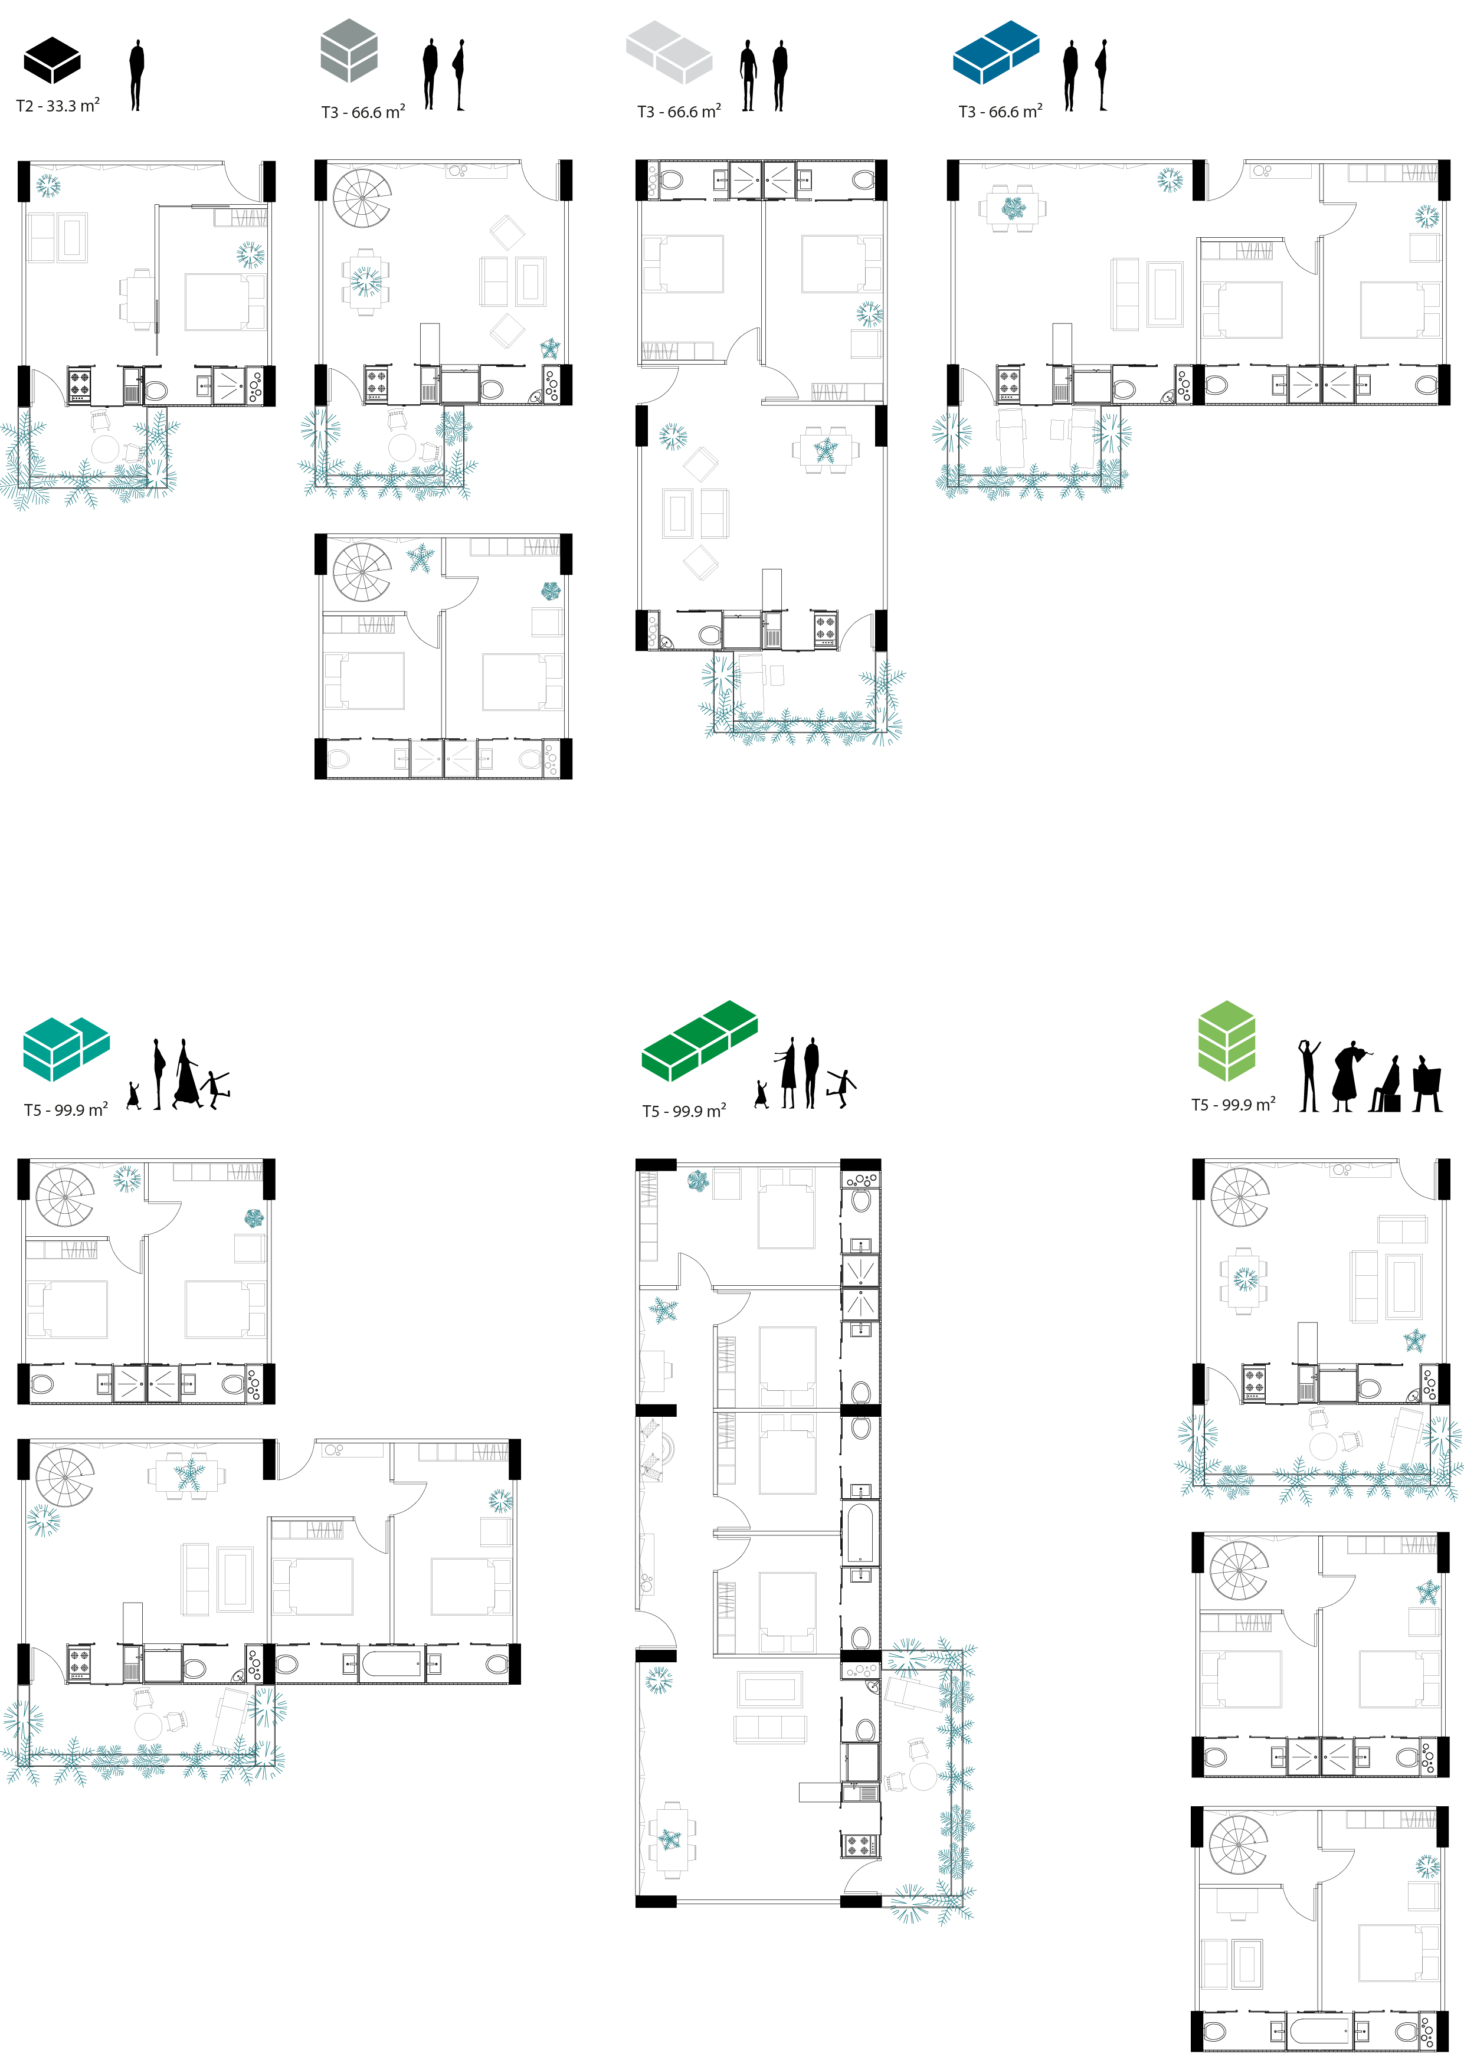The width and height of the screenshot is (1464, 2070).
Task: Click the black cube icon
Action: click(53, 60)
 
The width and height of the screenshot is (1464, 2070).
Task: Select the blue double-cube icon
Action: click(995, 53)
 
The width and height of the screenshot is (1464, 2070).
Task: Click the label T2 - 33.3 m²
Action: click(58, 106)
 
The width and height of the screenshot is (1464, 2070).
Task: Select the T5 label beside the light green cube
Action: click(1232, 1105)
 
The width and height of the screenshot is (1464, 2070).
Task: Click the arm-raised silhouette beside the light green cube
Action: click(1309, 1076)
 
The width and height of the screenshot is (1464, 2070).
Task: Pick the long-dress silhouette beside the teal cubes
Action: click(186, 1074)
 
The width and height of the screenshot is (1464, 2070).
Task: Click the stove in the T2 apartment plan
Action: click(79, 385)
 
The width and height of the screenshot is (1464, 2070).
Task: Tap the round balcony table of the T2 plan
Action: click(106, 449)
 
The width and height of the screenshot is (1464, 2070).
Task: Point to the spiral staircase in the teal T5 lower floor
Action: click(64, 1476)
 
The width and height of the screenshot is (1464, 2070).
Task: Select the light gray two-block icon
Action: click(669, 53)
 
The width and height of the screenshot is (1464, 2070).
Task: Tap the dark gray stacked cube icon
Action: click(349, 51)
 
